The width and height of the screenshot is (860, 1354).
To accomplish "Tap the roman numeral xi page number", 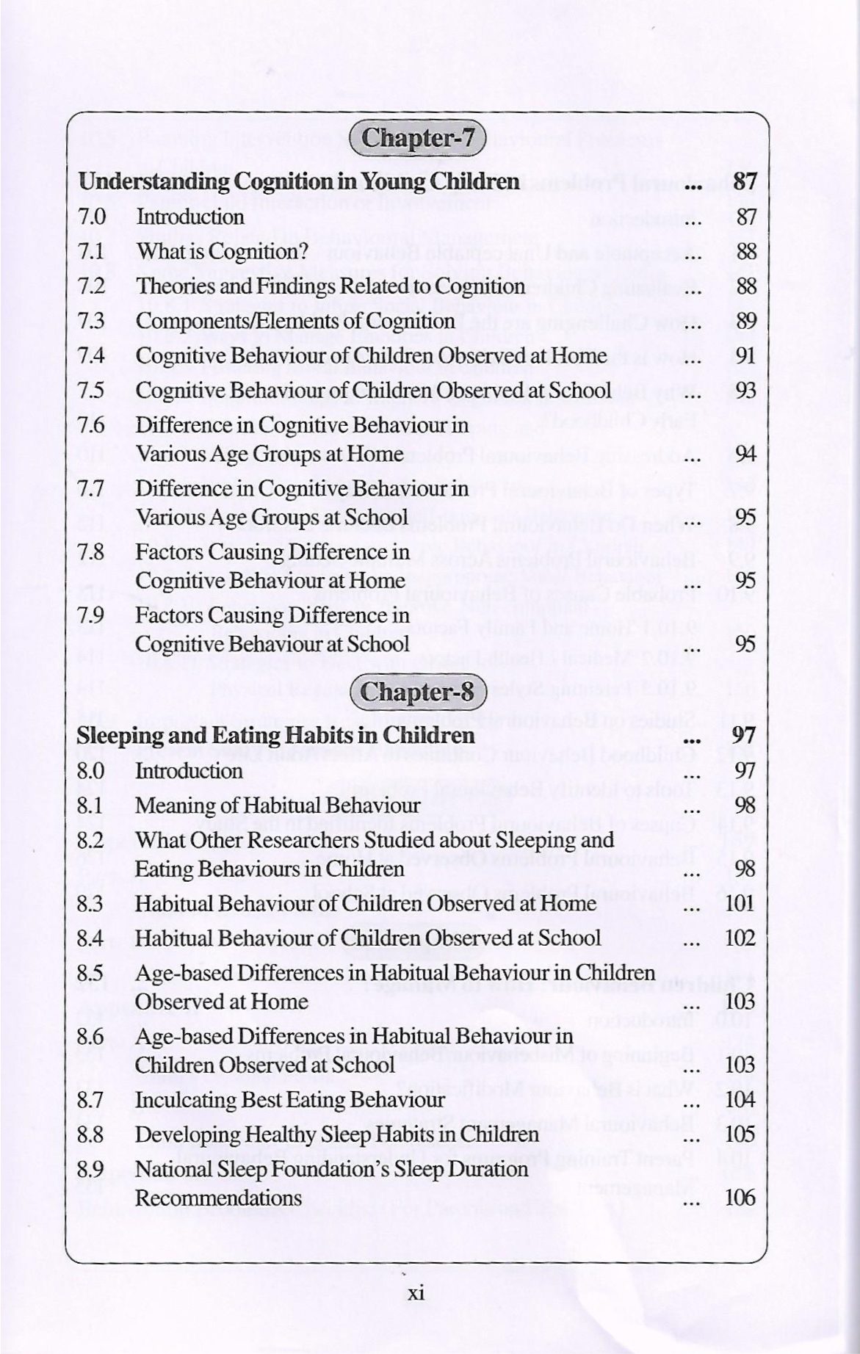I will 416,1293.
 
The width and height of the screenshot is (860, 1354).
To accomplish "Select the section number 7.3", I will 92,322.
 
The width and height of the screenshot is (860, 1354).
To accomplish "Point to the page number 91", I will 746,356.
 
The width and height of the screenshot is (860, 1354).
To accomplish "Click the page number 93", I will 746,391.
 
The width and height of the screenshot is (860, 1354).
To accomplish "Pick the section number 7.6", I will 92,425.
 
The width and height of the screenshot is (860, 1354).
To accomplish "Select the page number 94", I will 746,454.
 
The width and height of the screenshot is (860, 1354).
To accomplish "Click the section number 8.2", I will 91,840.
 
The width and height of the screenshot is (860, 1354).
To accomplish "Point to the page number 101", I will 740,904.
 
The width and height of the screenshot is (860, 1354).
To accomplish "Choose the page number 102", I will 740,938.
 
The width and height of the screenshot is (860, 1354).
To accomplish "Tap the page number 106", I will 740,1198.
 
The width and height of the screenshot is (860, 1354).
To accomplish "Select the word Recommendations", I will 219,1198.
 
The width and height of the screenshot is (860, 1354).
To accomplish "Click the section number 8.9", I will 91,1169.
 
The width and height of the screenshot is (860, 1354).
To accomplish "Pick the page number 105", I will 740,1134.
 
